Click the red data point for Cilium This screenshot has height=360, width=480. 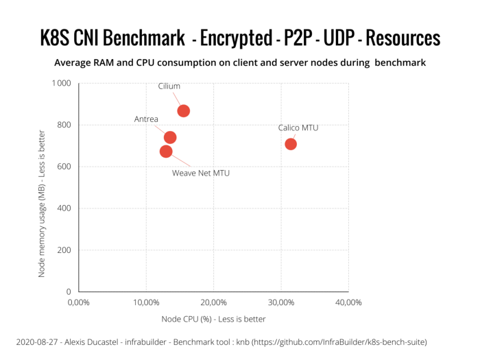tap(183, 111)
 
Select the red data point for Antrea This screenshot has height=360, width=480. tap(170, 137)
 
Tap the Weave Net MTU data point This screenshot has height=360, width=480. tap(166, 151)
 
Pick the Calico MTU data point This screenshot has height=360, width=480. tap(291, 144)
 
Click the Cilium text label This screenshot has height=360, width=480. tap(169, 87)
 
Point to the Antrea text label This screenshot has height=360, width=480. tap(146, 119)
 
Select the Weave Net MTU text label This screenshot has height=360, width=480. tap(200, 173)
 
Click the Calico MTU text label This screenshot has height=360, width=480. tap(298, 128)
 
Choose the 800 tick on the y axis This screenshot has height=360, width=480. tap(64, 125)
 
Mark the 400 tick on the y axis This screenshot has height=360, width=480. tap(64, 208)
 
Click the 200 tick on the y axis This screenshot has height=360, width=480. tap(64, 250)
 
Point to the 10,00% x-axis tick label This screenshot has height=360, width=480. tap(145, 302)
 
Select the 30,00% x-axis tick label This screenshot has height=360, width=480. tap(280, 302)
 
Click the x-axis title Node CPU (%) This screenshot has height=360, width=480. tap(213, 319)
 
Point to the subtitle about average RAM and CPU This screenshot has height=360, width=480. tap(240, 63)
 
